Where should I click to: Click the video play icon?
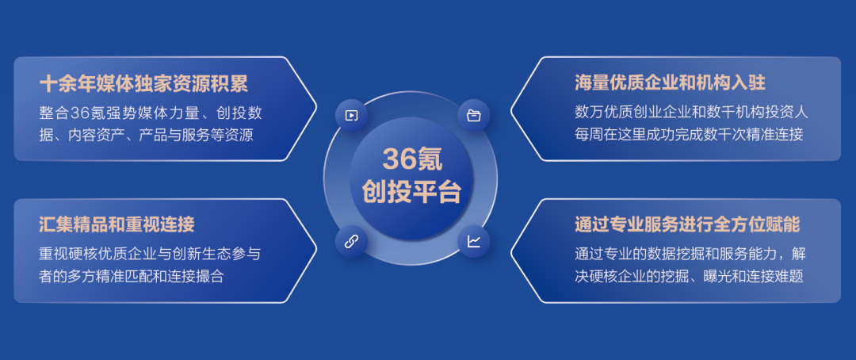point(352,115)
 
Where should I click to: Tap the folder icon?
point(474,115)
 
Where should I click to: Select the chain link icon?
point(352,242)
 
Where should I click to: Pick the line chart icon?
point(474,242)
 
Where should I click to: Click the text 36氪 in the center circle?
point(412,159)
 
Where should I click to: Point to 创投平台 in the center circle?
point(412,192)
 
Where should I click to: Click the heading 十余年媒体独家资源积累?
point(143,83)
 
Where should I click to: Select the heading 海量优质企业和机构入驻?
point(670,83)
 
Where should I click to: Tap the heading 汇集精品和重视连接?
point(117,224)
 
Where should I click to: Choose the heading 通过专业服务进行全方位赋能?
point(687,224)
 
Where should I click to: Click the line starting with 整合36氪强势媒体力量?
point(151,113)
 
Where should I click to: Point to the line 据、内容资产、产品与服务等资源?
point(147,135)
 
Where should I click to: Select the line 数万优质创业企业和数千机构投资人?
point(691,113)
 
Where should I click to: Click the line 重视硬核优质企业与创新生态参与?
point(150,254)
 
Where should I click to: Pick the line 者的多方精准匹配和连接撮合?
point(132,276)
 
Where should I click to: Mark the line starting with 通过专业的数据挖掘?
point(690,254)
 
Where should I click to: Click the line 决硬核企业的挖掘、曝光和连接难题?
point(689,276)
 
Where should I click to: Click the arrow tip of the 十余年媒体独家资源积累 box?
point(316,109)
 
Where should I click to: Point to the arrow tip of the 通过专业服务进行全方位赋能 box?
point(511,251)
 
